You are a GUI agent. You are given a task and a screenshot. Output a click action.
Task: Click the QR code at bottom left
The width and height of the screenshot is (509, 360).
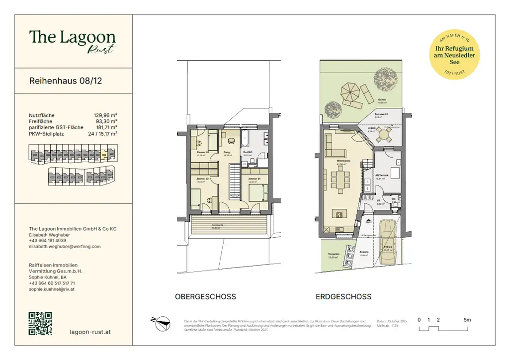(41, 323)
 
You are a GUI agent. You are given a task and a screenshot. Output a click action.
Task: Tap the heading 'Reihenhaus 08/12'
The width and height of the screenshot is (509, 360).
(66, 81)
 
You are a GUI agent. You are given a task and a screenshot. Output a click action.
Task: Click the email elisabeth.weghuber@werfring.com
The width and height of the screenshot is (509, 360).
(65, 246)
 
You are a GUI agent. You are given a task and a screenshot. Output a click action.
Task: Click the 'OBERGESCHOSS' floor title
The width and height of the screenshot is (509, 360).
(205, 297)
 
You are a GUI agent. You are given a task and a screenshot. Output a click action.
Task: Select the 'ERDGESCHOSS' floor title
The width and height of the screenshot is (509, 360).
(343, 297)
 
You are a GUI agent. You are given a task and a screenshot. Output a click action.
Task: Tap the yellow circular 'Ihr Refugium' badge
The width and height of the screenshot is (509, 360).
(454, 55)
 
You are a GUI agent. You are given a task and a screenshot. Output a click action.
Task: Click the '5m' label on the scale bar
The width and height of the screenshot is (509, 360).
(467, 320)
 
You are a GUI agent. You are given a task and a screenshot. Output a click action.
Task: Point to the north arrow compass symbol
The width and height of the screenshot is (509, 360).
(161, 323)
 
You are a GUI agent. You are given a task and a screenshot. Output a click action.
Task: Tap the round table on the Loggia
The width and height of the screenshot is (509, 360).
(383, 133)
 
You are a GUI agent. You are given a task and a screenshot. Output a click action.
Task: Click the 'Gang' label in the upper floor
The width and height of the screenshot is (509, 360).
(226, 152)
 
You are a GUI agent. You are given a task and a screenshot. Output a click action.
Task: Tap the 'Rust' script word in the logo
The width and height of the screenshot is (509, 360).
(101, 48)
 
